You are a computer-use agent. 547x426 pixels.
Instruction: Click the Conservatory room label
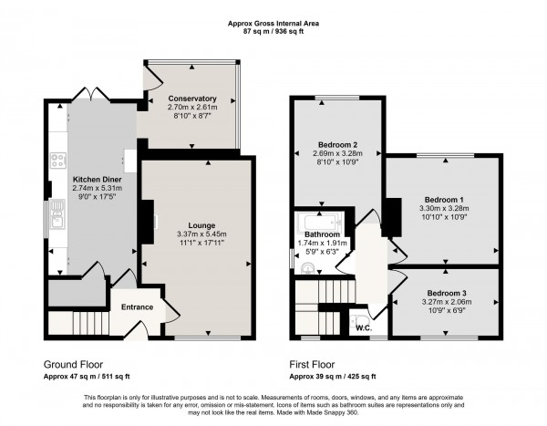tap(191, 99)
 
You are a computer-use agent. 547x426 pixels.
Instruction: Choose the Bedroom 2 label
tap(336, 145)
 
